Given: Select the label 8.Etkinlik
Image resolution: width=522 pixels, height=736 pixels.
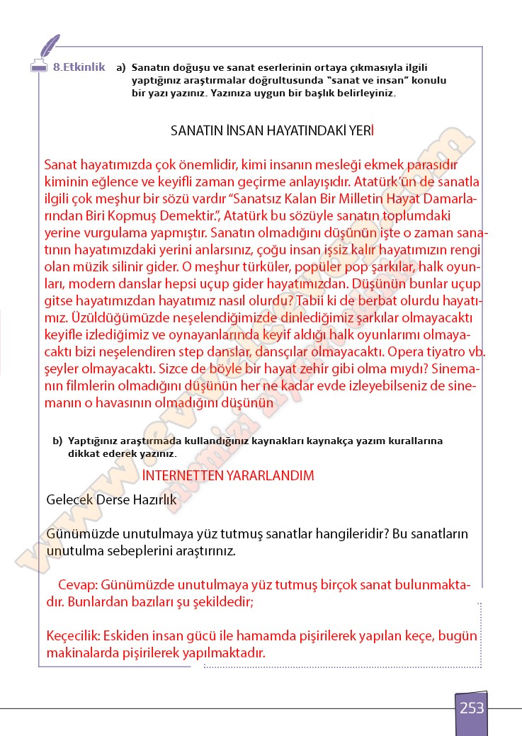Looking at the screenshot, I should tap(79, 67).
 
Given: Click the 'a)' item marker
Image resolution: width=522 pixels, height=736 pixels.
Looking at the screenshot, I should tap(121, 68).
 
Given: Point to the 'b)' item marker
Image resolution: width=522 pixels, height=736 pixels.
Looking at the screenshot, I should tap(57, 441).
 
